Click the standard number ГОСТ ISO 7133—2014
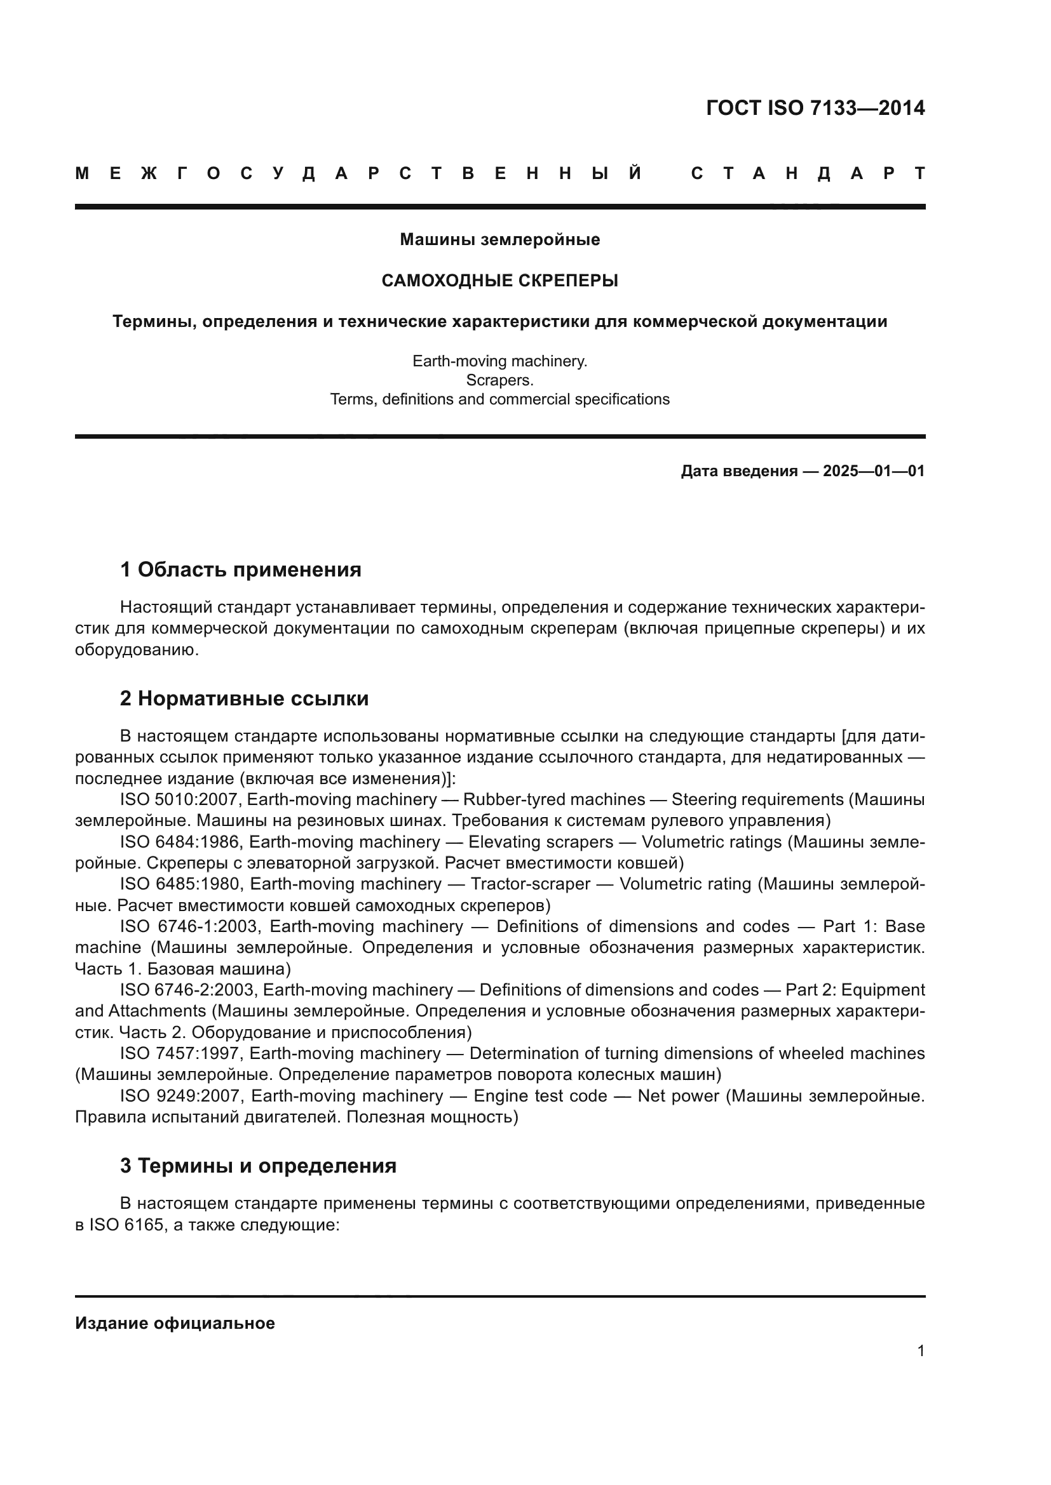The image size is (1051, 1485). pyautogui.click(x=815, y=108)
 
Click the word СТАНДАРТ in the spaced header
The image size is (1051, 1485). pyautogui.click(x=808, y=174)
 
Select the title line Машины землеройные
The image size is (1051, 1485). pyautogui.click(x=499, y=240)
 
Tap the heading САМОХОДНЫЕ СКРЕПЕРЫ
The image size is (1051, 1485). pyautogui.click(x=499, y=281)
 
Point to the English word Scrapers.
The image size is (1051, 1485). pyautogui.click(x=499, y=380)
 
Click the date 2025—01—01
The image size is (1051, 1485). pyautogui.click(x=874, y=471)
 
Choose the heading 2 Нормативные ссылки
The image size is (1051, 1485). pyautogui.click(x=245, y=698)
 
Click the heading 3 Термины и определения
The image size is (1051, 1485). pyautogui.click(x=258, y=1166)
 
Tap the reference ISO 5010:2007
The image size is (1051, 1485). pyautogui.click(x=180, y=800)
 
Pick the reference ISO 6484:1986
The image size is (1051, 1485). pyautogui.click(x=180, y=842)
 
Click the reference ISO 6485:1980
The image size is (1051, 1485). pyautogui.click(x=181, y=884)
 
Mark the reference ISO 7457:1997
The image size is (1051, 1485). pyautogui.click(x=180, y=1054)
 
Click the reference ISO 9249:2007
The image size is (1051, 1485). pyautogui.click(x=181, y=1096)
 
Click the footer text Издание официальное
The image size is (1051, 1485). pyautogui.click(x=175, y=1323)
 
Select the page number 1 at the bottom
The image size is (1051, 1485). pyautogui.click(x=920, y=1351)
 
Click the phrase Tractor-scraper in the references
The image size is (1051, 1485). pyautogui.click(x=530, y=884)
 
